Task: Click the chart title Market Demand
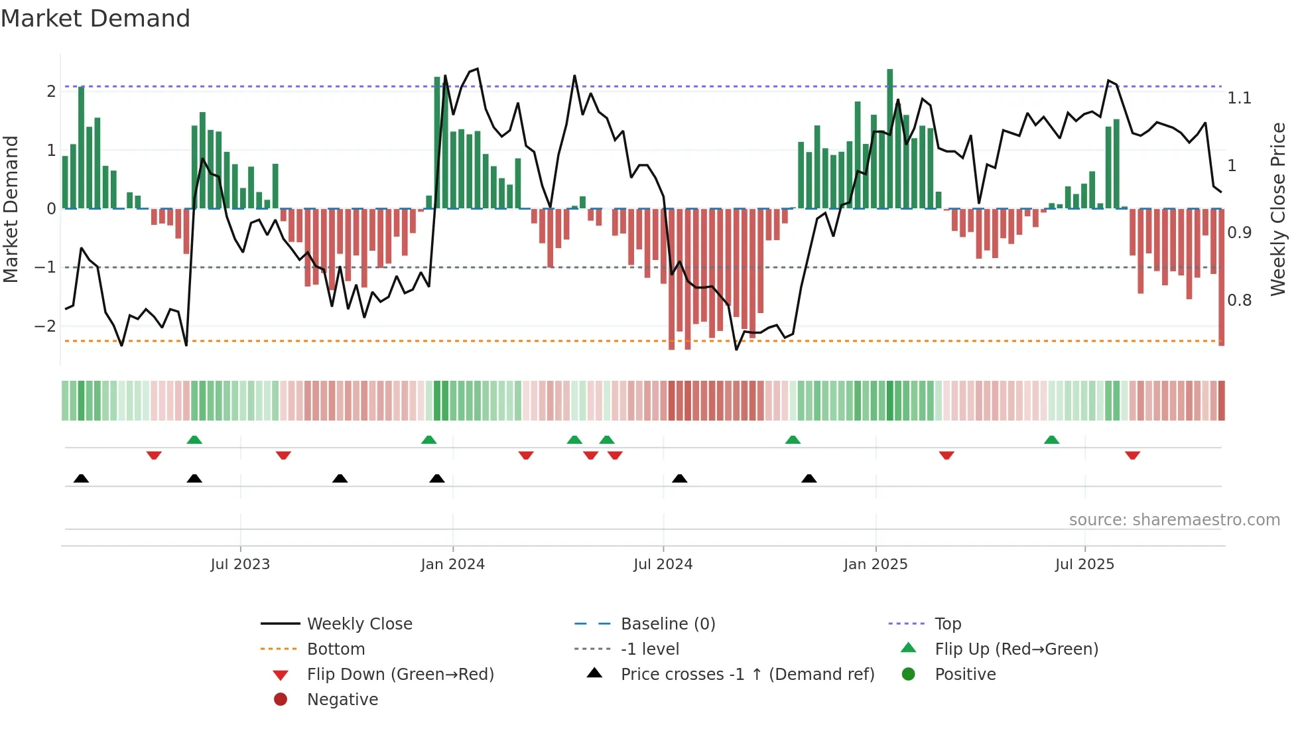(96, 19)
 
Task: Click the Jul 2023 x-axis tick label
(240, 565)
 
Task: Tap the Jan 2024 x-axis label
(452, 565)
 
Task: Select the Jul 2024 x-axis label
(663, 565)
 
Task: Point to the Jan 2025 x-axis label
(876, 565)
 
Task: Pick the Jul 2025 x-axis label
(1084, 565)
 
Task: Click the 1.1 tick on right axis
(1239, 98)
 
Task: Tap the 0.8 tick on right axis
(1239, 300)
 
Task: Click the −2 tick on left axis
(45, 326)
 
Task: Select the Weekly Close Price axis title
(1278, 209)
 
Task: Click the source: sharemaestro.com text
(1174, 520)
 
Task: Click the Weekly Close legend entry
(359, 624)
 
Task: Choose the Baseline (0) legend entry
(667, 624)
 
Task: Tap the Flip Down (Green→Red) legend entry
(400, 675)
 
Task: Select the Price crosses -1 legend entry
(747, 675)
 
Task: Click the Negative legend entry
(342, 700)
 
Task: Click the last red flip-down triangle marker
(1132, 455)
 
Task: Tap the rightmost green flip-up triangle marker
(1051, 440)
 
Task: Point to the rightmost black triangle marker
(809, 478)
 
